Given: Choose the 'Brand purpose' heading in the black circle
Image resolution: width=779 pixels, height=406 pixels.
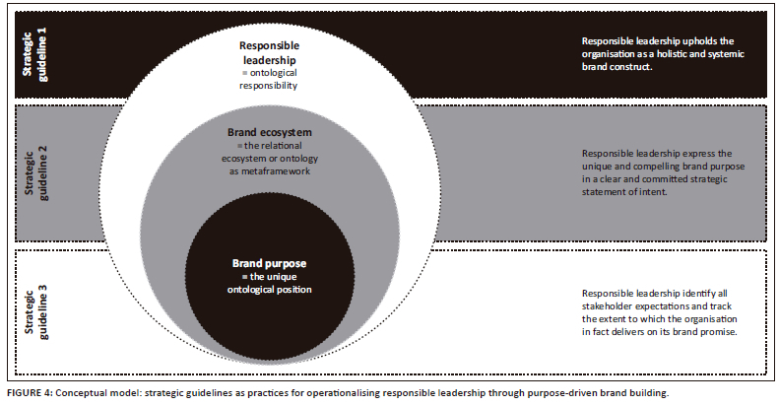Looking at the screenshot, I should pos(268,264).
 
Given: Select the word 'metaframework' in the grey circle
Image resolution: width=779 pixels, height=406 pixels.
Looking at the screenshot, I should pos(269,172).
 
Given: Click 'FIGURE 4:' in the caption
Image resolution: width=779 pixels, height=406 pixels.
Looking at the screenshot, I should pos(29,393).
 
